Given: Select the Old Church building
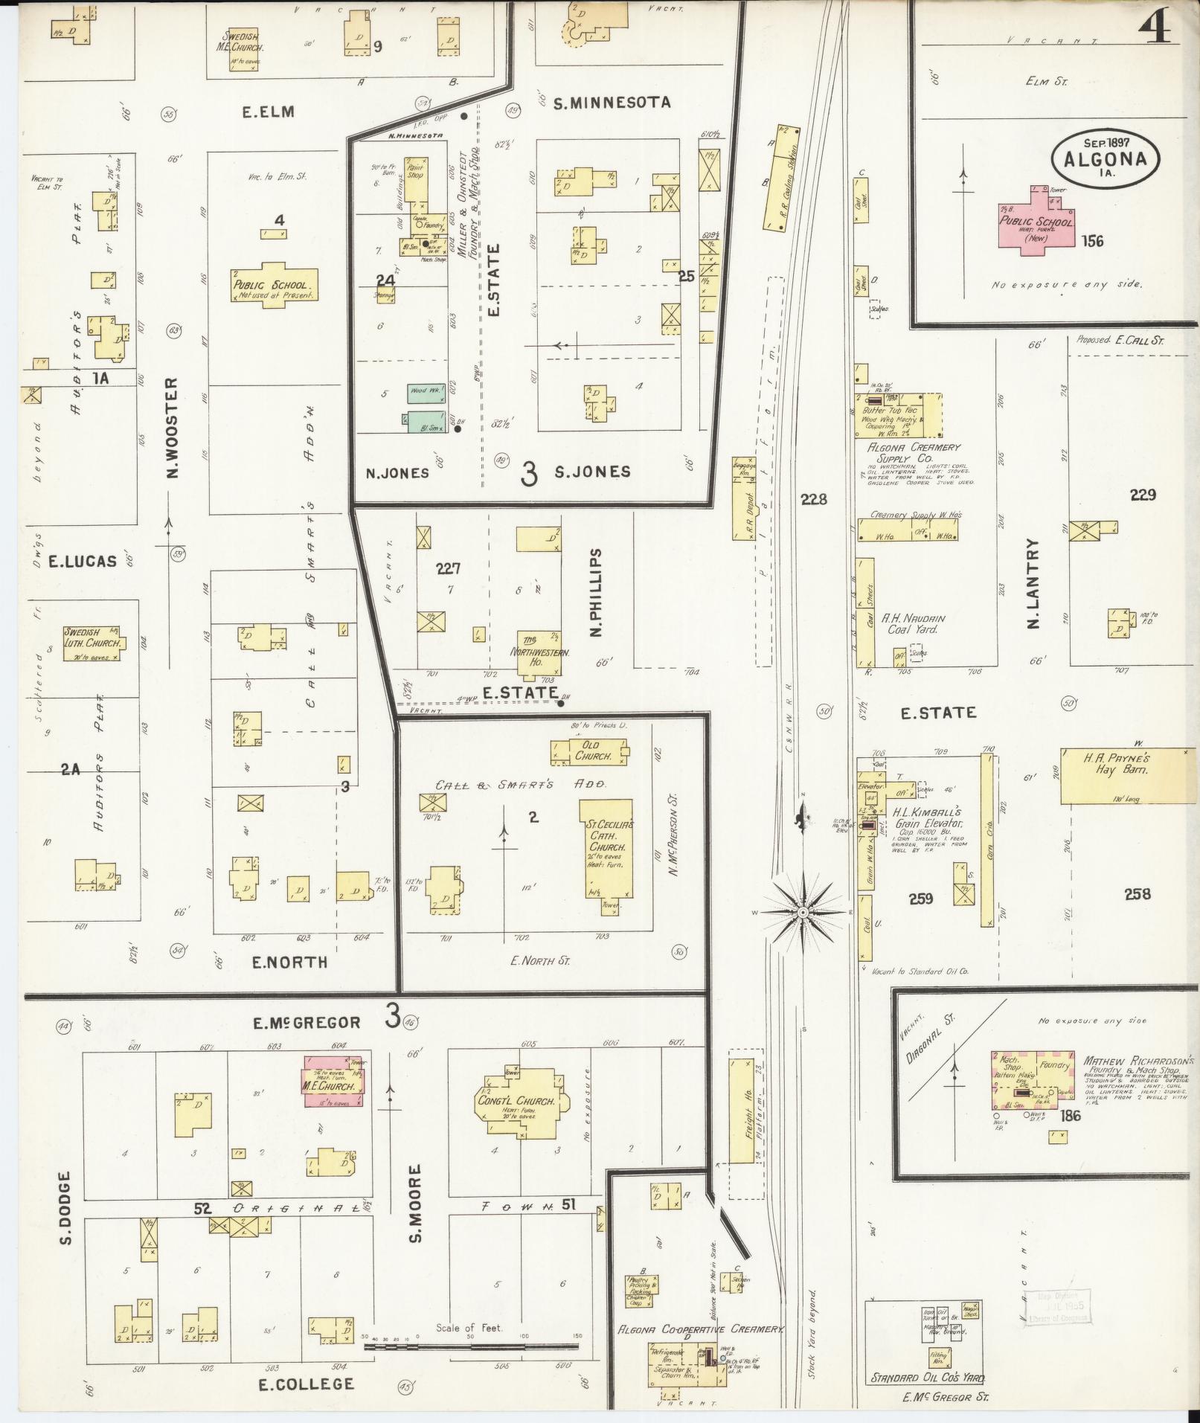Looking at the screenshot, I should [591, 751].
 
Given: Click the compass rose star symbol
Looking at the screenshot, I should [803, 910].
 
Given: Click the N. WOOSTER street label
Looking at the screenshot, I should [172, 428].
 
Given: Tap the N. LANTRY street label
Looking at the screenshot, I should [1033, 583].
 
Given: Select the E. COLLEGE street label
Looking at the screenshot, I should [306, 1384].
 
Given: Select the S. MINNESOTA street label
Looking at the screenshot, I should [612, 103].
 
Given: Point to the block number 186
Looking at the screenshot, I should [1071, 1115].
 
